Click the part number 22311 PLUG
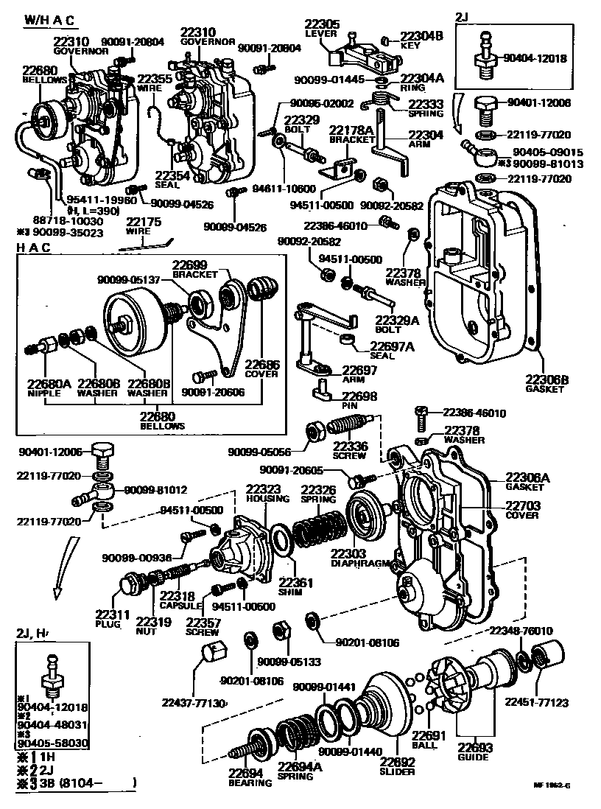(112, 614)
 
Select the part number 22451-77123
(536, 703)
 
